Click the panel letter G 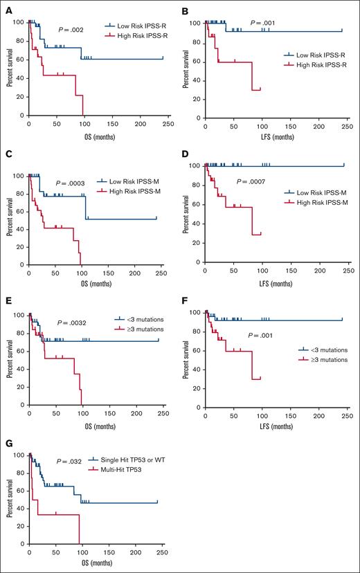tap(6, 444)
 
